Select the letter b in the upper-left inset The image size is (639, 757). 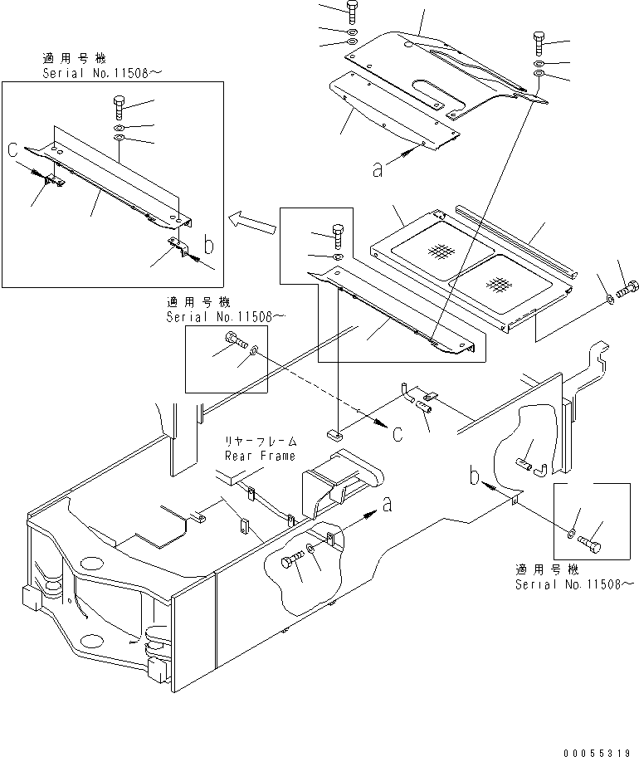[208, 246]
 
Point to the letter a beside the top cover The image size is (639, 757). [378, 169]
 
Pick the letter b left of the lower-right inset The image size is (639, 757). [473, 477]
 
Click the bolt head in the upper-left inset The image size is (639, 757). [117, 106]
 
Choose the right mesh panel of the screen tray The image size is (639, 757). [497, 284]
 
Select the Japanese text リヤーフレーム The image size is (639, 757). [258, 442]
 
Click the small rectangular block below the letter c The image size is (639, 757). [337, 433]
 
